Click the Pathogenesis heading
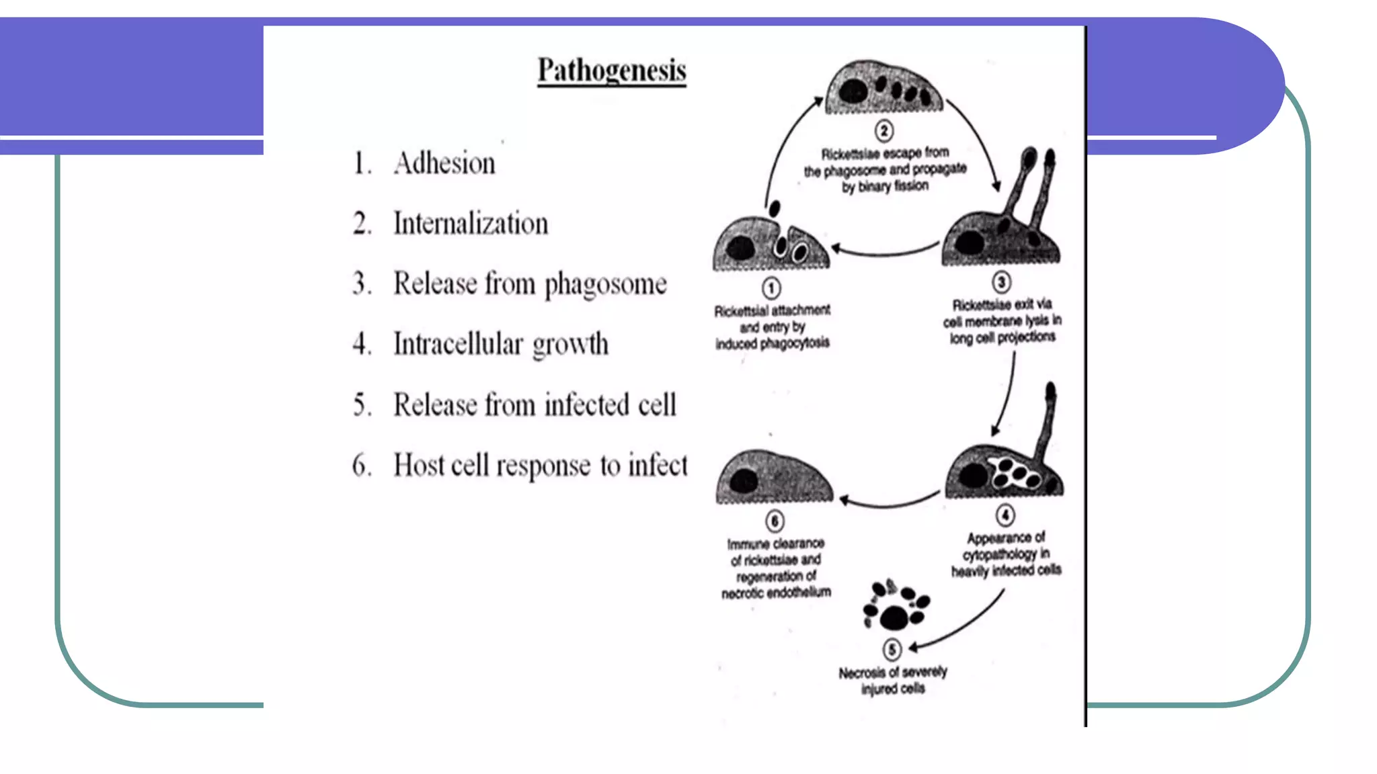click(x=612, y=71)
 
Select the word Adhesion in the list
click(x=444, y=163)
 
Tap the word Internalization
click(x=471, y=224)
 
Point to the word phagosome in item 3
click(x=606, y=285)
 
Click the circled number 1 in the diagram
click(x=771, y=288)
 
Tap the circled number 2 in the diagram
click(x=884, y=130)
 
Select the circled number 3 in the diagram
click(x=1001, y=282)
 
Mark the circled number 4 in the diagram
click(x=1005, y=515)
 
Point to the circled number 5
click(x=892, y=650)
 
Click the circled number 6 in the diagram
click(x=775, y=521)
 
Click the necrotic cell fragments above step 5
click(x=896, y=605)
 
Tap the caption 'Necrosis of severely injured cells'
click(x=893, y=680)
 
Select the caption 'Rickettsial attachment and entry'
click(x=773, y=327)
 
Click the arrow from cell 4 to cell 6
click(x=890, y=505)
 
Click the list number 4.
click(x=362, y=344)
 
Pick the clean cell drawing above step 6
click(x=774, y=476)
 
